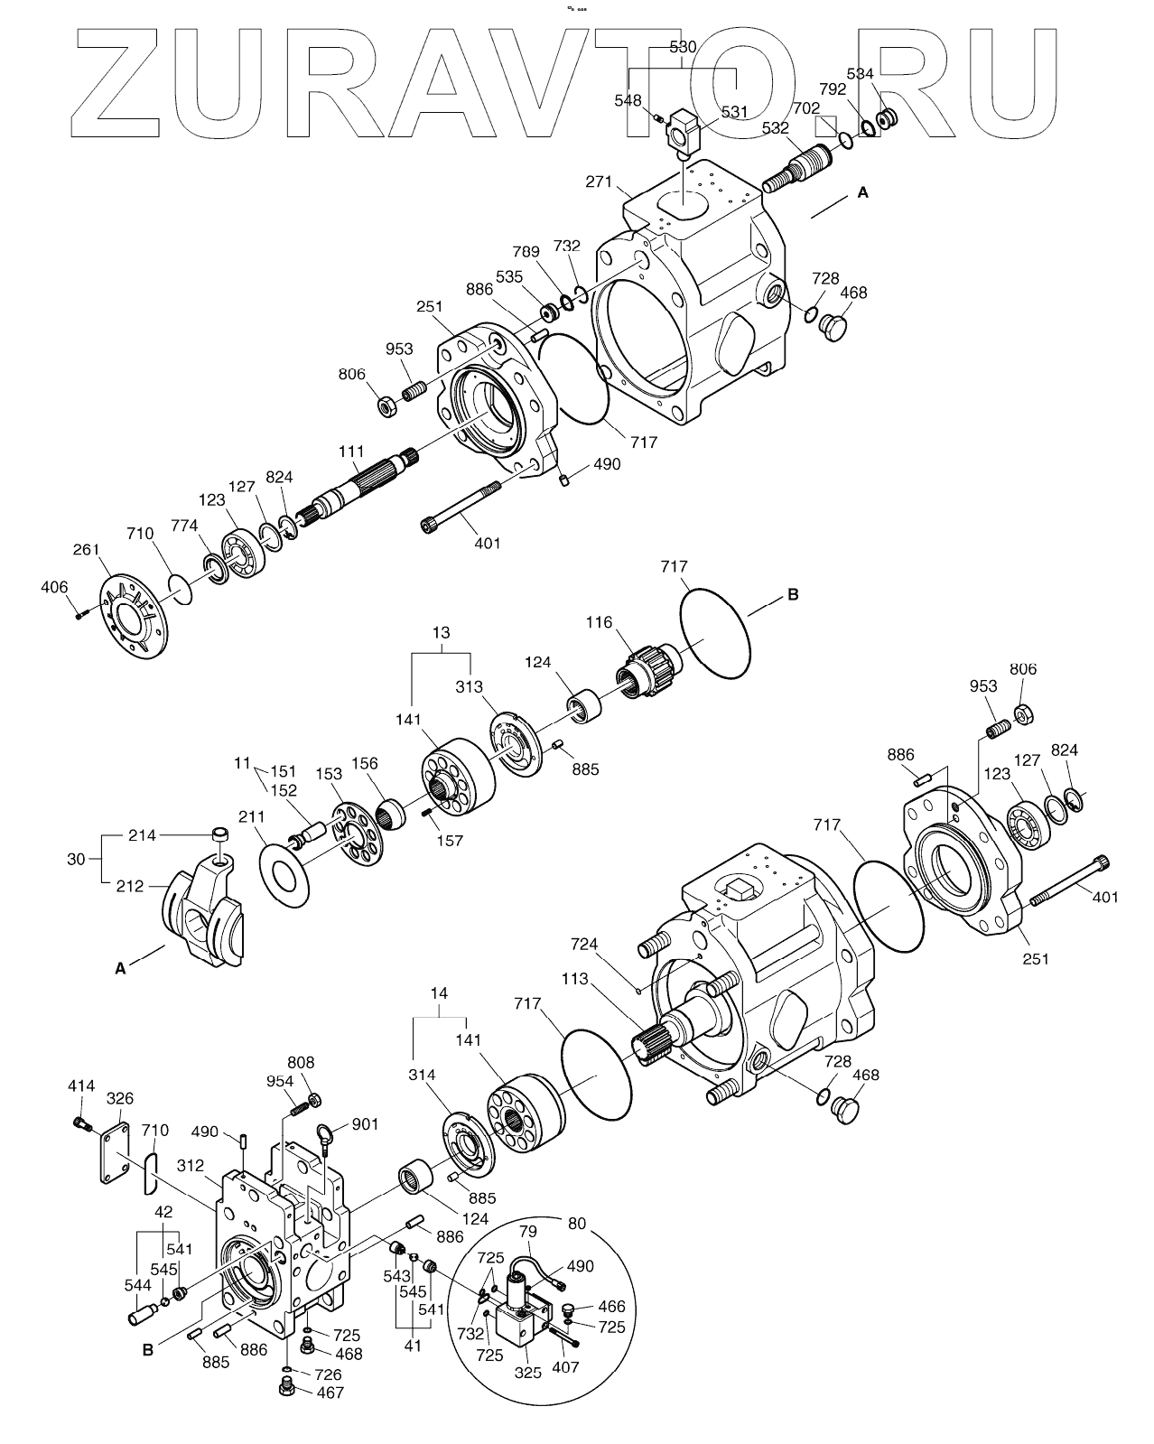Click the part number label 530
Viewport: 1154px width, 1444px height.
683,47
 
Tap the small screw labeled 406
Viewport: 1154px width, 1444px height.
79,614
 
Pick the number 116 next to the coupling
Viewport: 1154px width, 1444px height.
599,622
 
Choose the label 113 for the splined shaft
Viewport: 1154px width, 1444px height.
574,978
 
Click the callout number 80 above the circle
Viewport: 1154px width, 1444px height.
576,1224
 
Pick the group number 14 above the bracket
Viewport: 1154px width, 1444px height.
439,993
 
